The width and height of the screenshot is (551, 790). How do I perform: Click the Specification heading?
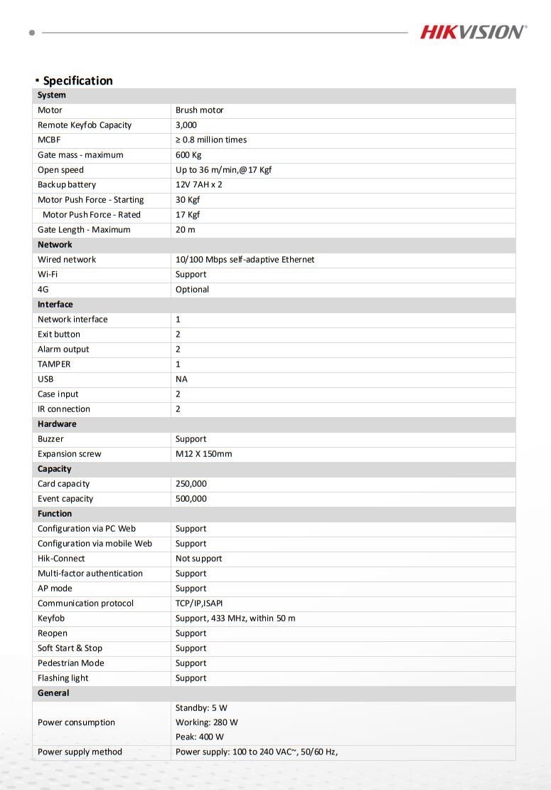coord(77,80)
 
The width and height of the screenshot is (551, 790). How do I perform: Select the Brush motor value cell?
coord(200,110)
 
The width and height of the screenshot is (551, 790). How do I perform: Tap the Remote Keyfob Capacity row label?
coord(85,125)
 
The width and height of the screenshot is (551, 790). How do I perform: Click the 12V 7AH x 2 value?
coord(199,185)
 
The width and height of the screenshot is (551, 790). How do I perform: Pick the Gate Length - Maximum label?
coord(84,230)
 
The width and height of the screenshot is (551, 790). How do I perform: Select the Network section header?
coord(55,245)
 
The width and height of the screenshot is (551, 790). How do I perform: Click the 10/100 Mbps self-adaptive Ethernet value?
coord(245,260)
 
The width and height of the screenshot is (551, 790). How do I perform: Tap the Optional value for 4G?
coord(192,290)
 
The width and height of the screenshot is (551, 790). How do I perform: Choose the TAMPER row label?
coord(54,364)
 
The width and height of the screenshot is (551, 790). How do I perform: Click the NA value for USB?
coord(181,379)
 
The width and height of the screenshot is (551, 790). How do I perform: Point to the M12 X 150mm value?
coord(203,454)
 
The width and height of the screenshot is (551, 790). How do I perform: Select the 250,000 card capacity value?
coord(191,484)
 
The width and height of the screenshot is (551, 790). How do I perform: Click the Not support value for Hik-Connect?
coord(198,559)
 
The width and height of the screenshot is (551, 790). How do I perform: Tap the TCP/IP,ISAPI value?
coord(199,604)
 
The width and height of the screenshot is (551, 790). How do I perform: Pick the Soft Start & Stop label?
coord(70,648)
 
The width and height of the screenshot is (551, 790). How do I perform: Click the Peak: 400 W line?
coord(200,737)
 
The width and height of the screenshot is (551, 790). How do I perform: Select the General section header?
coord(53,693)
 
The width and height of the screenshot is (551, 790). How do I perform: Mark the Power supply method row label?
coord(80,752)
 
